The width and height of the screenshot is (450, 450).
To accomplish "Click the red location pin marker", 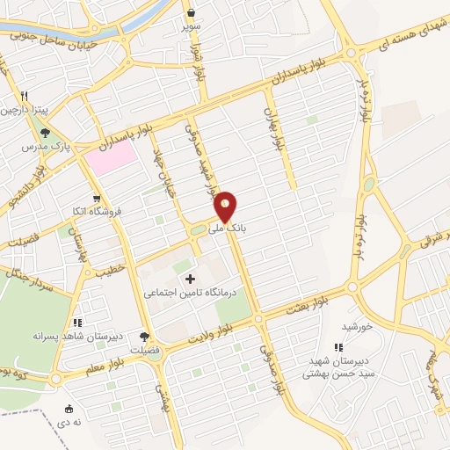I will click(x=226, y=207).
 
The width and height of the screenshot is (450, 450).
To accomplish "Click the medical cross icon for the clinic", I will click(x=191, y=279).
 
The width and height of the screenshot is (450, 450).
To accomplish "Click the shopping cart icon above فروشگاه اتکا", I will click(x=96, y=198).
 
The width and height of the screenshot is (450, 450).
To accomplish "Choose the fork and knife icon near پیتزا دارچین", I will click(x=25, y=97).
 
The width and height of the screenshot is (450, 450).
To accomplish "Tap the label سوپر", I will click(x=192, y=27).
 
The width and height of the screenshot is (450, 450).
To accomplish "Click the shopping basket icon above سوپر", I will click(x=192, y=13).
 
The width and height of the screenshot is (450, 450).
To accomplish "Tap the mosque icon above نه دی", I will click(x=69, y=409).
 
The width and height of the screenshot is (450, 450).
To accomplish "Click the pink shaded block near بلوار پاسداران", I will click(x=111, y=156).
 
